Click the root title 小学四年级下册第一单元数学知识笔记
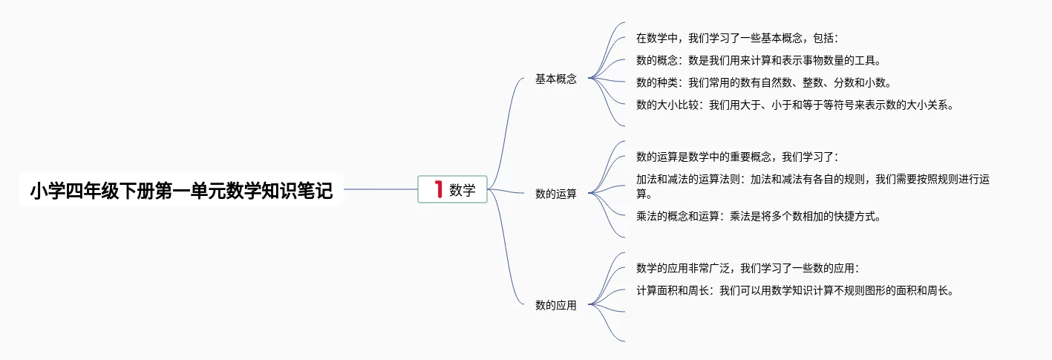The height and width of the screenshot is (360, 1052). pyautogui.click(x=181, y=191)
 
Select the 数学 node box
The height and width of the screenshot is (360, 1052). pyautogui.click(x=452, y=190)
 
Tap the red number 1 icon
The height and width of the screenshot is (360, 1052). pyautogui.click(x=438, y=190)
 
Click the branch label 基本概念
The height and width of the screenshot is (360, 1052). pyautogui.click(x=555, y=79)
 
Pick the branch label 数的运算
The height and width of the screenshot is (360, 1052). pyautogui.click(x=555, y=194)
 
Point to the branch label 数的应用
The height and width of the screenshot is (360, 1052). pyautogui.click(x=555, y=305)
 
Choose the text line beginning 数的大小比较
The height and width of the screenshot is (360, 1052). pyautogui.click(x=794, y=105)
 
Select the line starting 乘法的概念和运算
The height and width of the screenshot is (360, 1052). pyautogui.click(x=758, y=217)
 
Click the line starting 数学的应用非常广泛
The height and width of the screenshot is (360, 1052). pyautogui.click(x=748, y=268)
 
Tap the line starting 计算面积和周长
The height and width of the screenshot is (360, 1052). pyautogui.click(x=794, y=291)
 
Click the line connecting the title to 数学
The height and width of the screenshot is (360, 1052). pyautogui.click(x=380, y=189)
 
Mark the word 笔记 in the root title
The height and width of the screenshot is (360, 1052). pyautogui.click(x=316, y=191)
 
